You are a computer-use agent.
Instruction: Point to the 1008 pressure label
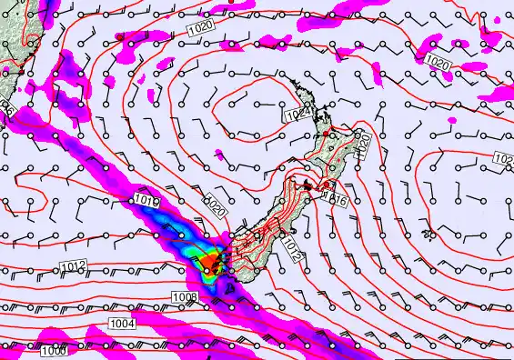[184, 297]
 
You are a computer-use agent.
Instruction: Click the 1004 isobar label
[122, 323]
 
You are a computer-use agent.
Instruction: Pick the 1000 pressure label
[54, 351]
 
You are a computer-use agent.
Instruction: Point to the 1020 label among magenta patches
[438, 62]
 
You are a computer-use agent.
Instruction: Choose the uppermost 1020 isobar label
[203, 29]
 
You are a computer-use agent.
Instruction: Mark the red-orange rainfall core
[211, 262]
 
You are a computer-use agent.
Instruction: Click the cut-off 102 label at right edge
[506, 159]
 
